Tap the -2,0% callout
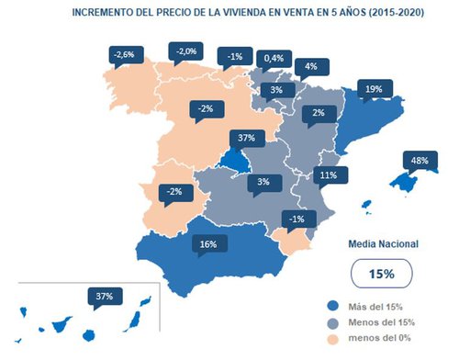[186, 51]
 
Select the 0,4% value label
[273, 58]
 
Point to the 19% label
[374, 89]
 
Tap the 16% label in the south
[207, 244]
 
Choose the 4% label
[311, 66]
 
